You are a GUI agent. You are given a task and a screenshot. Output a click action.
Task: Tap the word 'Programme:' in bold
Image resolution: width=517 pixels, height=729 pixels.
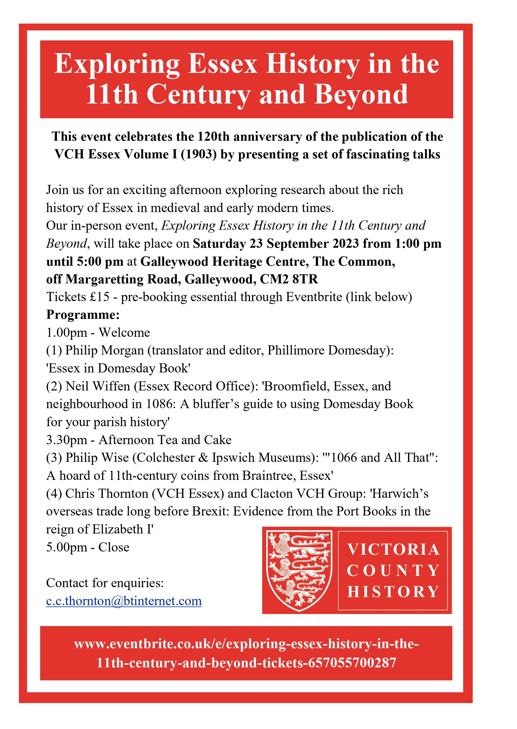point(83,315)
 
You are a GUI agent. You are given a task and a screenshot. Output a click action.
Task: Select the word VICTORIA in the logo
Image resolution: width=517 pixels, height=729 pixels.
point(394,550)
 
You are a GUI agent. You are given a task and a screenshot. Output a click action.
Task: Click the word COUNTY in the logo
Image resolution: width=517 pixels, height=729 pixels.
point(394,571)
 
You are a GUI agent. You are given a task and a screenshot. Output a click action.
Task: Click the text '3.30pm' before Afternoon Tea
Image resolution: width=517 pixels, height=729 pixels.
point(66,440)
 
